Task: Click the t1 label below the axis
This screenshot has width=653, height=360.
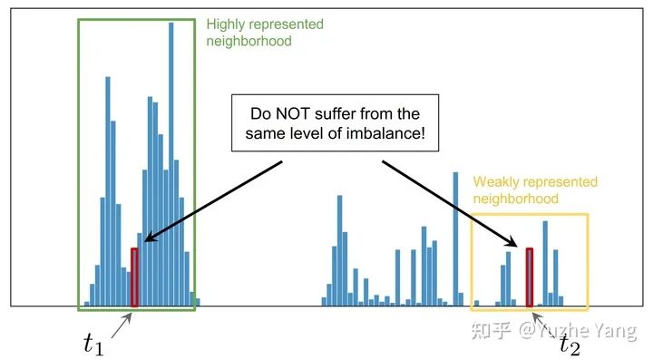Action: pyautogui.click(x=93, y=345)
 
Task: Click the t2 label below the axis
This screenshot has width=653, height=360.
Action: pyautogui.click(x=570, y=345)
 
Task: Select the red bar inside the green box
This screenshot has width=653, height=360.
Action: pyautogui.click(x=134, y=277)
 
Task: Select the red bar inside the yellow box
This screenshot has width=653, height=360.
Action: pyautogui.click(x=529, y=277)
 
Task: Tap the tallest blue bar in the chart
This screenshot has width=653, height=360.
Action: pyautogui.click(x=171, y=164)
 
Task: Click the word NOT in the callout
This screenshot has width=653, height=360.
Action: pyautogui.click(x=293, y=113)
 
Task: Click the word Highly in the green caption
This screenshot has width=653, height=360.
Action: pyautogui.click(x=226, y=24)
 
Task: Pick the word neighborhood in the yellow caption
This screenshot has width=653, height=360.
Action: pyautogui.click(x=515, y=199)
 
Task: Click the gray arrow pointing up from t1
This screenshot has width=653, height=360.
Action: pyautogui.click(x=122, y=326)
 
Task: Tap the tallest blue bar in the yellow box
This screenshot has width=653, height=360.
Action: pyautogui.click(x=545, y=264)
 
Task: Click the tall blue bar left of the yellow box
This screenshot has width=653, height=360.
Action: pyautogui.click(x=455, y=239)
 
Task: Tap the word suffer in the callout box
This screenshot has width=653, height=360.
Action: pyautogui.click(x=336, y=113)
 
